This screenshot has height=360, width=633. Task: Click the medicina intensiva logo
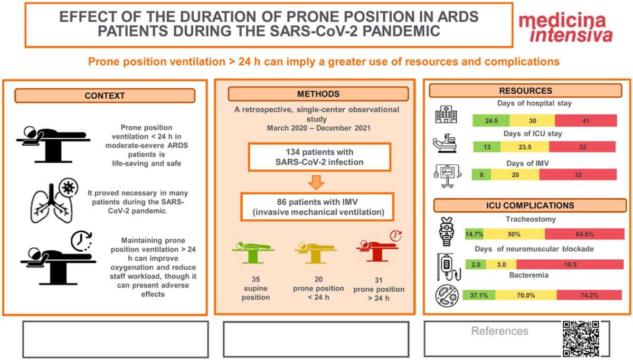565,28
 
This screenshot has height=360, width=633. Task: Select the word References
500,331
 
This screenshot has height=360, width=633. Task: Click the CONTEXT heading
104,95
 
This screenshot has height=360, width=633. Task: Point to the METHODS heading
318,94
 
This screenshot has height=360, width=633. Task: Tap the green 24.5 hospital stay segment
491,121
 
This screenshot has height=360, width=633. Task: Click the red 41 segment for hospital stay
586,121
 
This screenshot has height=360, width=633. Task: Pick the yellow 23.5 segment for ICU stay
525,147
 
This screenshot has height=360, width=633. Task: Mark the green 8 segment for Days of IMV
481,174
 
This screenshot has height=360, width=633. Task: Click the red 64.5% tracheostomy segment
584,234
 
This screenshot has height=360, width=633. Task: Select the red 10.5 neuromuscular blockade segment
570,265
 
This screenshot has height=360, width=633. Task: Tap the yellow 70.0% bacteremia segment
526,295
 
